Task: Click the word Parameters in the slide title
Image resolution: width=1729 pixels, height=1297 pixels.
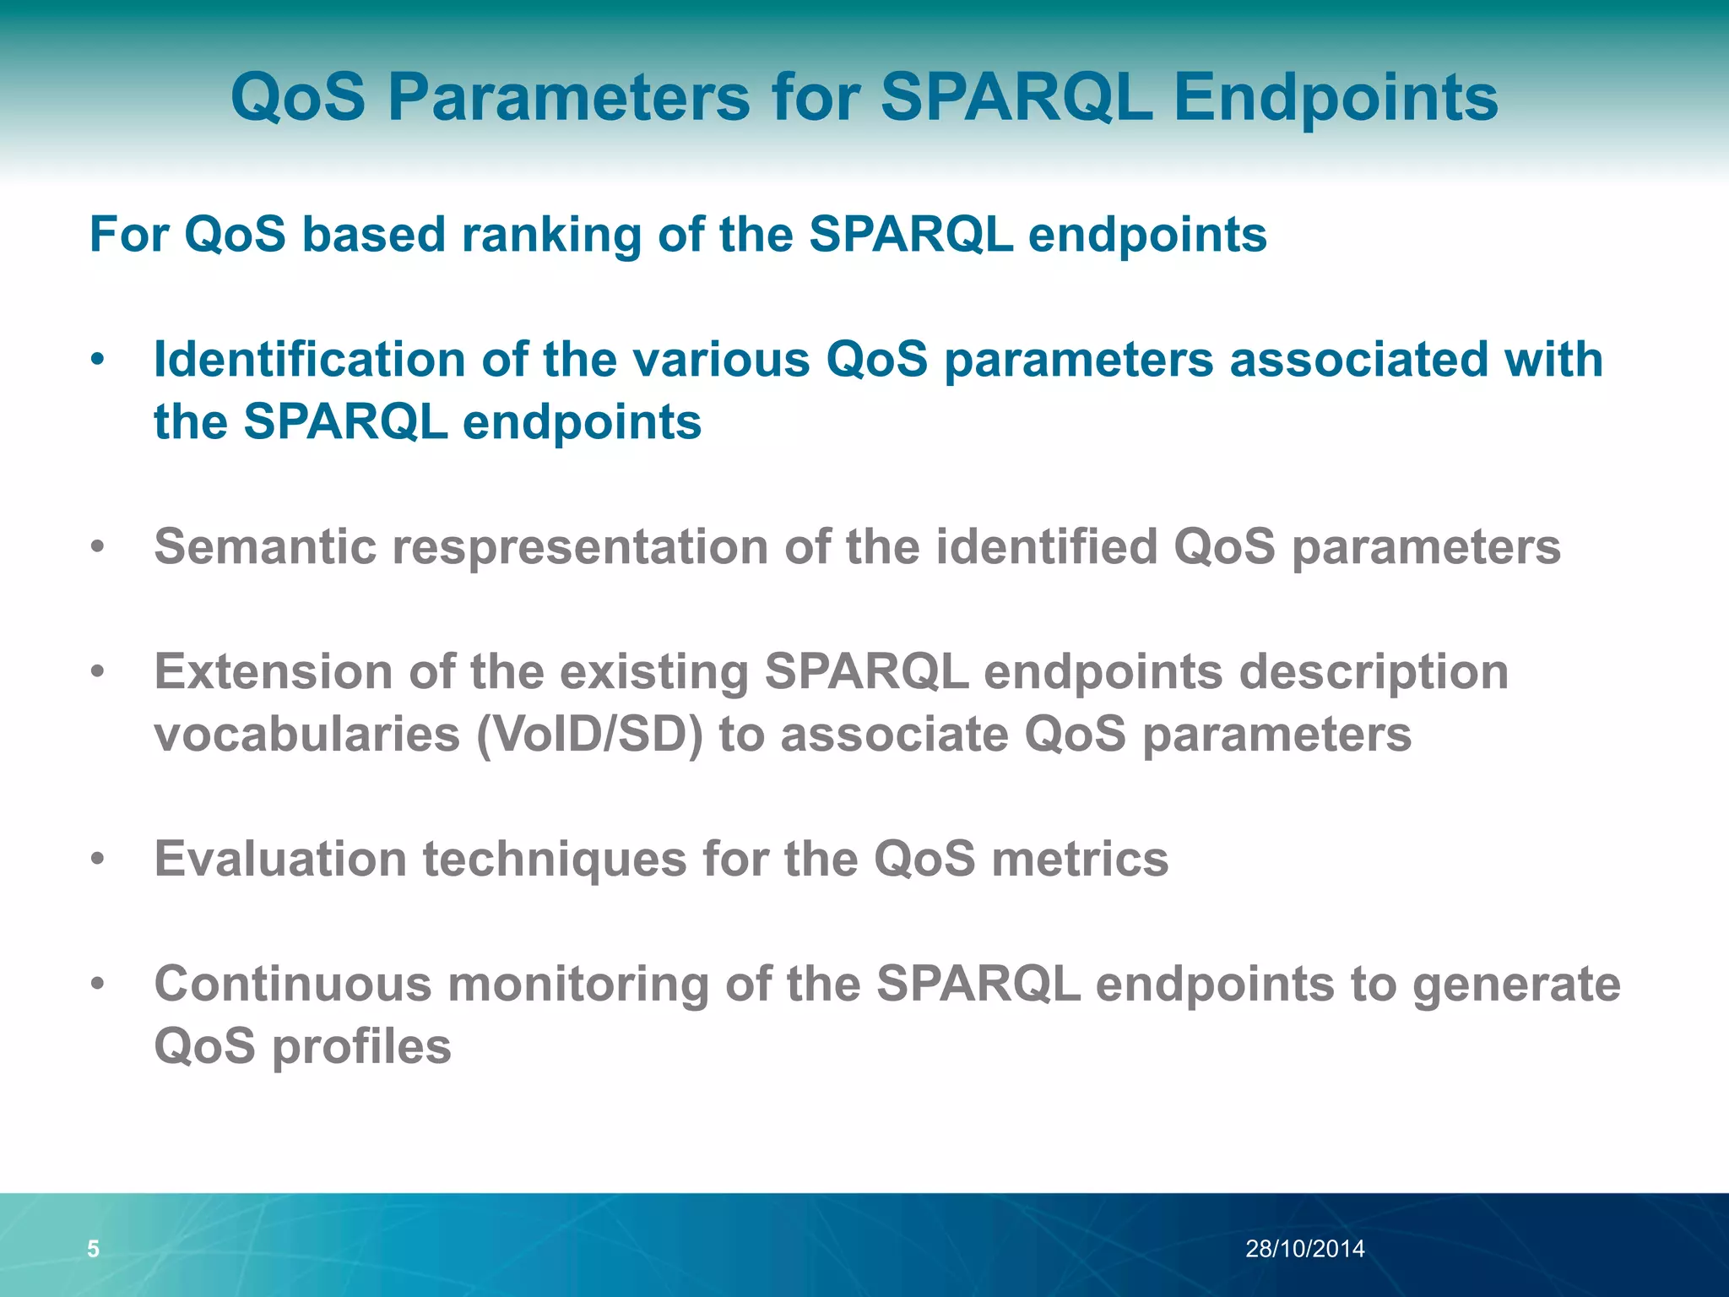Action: [x=568, y=98]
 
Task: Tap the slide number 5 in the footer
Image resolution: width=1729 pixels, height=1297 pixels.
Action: [x=93, y=1248]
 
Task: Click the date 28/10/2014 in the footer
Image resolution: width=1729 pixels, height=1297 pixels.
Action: [x=1304, y=1248]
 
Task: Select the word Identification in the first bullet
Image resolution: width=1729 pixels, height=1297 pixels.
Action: [x=310, y=360]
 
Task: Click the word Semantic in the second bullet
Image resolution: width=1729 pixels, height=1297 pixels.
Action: [x=265, y=547]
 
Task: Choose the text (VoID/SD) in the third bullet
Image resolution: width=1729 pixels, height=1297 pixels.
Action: [x=589, y=734]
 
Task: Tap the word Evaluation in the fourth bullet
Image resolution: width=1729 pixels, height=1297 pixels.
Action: [x=280, y=859]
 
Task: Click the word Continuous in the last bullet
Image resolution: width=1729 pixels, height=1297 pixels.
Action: [x=292, y=984]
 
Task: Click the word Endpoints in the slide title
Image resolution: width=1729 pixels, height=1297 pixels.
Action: [x=1336, y=98]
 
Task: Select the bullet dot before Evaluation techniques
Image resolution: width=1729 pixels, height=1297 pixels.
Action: [x=98, y=860]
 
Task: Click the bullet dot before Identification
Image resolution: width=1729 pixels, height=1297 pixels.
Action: [x=98, y=361]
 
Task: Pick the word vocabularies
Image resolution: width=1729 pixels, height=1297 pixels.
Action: [x=307, y=734]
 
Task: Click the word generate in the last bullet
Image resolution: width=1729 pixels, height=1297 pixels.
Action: [x=1516, y=984]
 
